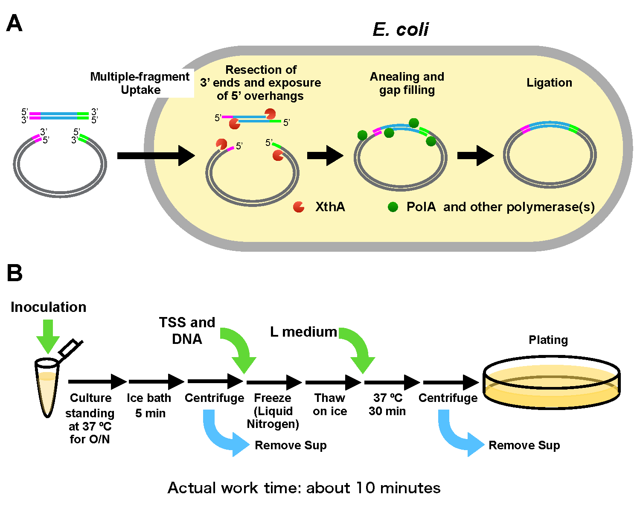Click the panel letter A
click(15, 23)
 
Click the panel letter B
click(15, 273)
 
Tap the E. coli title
click(401, 29)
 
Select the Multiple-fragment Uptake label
click(140, 83)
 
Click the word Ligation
click(549, 83)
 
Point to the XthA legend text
click(330, 207)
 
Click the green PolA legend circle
click(393, 207)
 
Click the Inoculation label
click(48, 307)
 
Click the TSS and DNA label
click(187, 331)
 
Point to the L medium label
click(303, 332)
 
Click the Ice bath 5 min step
click(149, 405)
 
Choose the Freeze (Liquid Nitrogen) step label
click(273, 411)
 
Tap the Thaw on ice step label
click(330, 404)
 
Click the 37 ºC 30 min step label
click(387, 404)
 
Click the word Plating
click(548, 340)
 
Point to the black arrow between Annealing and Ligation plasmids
click(475, 155)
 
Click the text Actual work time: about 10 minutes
click(304, 488)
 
